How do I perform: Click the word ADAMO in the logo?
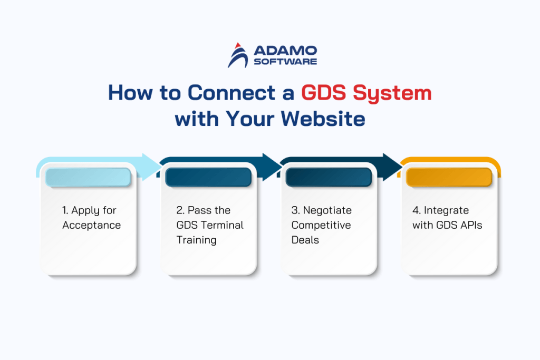pos(285,51)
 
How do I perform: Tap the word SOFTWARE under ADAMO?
pos(285,62)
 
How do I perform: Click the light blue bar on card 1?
pos(88,177)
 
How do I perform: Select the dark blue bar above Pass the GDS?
pos(208,177)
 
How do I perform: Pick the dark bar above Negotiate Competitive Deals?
pos(328,177)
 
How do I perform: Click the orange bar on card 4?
pos(448,177)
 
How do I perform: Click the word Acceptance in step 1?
pos(91,225)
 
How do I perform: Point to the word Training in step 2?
pos(196,240)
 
